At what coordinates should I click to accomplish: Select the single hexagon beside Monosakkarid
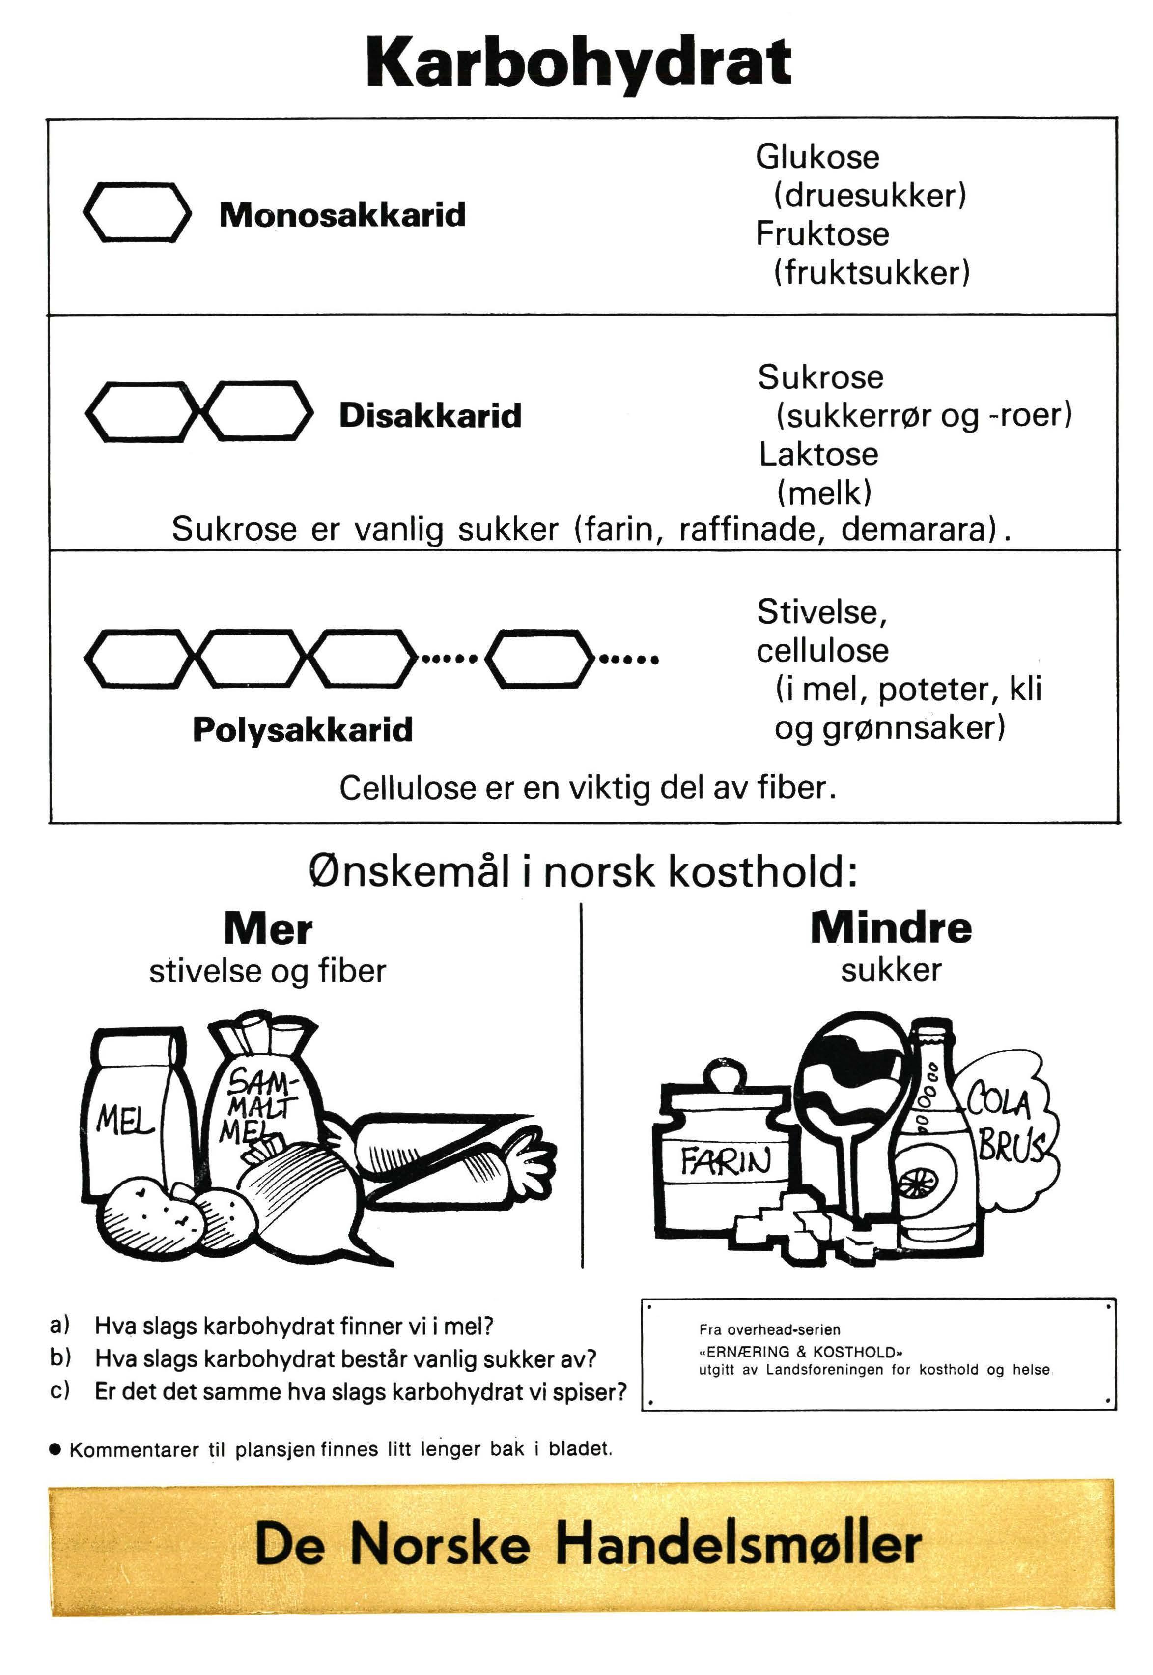(137, 212)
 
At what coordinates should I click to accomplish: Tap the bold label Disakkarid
(430, 415)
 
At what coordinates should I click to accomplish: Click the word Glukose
(817, 157)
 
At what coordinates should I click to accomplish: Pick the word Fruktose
(822, 233)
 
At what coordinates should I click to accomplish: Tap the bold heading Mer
(268, 928)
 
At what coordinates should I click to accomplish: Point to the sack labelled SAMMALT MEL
(264, 1098)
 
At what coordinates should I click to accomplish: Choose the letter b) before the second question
(60, 1358)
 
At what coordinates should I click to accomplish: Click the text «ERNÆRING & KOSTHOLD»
(800, 1351)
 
